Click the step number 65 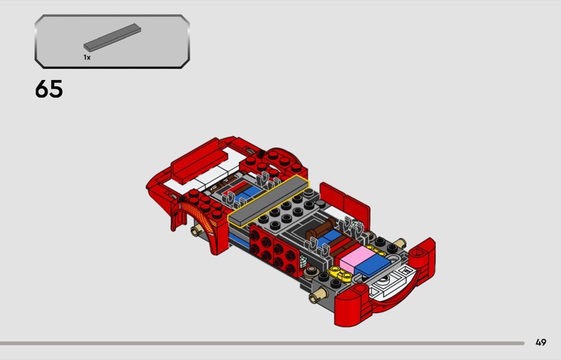[x=49, y=89]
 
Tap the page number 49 [x=541, y=342]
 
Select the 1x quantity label [x=87, y=58]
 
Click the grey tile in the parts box [x=112, y=37]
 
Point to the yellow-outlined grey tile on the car [x=269, y=200]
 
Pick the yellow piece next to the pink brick [x=340, y=273]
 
